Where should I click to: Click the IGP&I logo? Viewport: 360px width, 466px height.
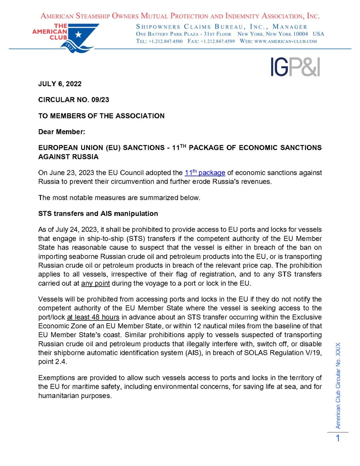pos(295,67)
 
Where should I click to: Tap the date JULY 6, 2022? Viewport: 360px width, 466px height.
pos(60,84)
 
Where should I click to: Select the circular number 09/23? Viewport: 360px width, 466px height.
pos(100,100)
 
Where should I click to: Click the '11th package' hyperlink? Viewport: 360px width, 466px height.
pos(205,173)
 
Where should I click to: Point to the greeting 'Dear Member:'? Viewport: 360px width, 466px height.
pos(62,132)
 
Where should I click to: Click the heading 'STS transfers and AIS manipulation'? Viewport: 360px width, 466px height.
pos(98,214)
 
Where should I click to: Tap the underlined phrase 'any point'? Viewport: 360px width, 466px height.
pos(95,283)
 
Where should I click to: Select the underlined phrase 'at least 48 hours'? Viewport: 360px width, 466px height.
pos(93,317)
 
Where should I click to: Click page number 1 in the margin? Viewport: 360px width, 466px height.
pos(338,438)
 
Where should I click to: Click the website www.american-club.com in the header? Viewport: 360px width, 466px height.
pos(285,41)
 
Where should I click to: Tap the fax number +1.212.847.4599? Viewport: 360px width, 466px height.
pos(217,41)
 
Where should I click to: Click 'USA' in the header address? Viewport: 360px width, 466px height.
pos(318,34)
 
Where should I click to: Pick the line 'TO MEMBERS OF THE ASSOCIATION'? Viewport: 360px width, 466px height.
pos(101,116)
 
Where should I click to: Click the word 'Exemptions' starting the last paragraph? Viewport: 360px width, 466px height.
pos(56,378)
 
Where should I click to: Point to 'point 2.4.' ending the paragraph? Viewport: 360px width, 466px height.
pos(53,362)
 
